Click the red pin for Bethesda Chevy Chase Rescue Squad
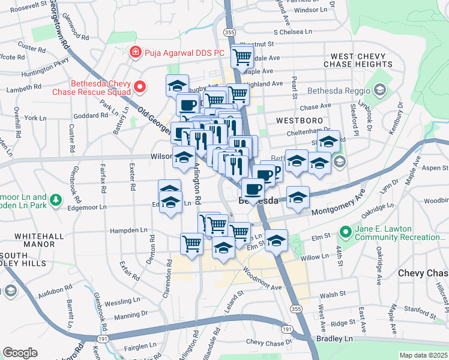[140, 88]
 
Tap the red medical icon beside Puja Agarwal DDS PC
[136, 53]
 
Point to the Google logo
[20, 353]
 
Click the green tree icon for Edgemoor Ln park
[55, 199]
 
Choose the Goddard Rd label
[89, 116]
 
